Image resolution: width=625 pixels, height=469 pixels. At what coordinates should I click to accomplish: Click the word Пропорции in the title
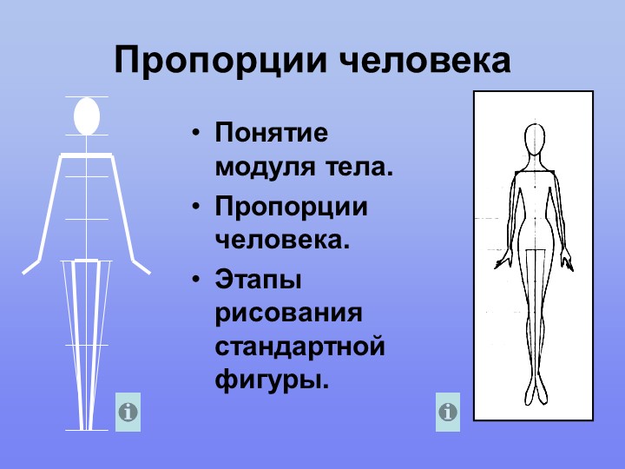point(220,61)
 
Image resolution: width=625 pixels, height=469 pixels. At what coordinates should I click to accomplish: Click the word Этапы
point(259,279)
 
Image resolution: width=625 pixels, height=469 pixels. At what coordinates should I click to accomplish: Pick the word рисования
point(289,314)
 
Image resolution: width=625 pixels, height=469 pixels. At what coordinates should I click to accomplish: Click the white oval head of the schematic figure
point(87,116)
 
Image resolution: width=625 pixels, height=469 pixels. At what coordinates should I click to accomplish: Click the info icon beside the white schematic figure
point(128,412)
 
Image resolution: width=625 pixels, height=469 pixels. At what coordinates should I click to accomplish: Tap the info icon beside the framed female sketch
point(448,412)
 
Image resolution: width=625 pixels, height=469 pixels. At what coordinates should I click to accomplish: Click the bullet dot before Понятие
point(195,133)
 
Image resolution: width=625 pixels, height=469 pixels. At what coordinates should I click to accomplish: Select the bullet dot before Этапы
point(195,281)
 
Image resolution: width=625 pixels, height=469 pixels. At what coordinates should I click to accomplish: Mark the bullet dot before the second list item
point(195,207)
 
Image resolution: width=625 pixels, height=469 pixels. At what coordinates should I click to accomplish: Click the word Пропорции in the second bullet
point(291,208)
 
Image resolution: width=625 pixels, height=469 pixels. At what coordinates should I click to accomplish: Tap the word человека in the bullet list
point(282,240)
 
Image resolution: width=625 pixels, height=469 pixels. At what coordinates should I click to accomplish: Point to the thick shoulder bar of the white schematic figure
point(87,155)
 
